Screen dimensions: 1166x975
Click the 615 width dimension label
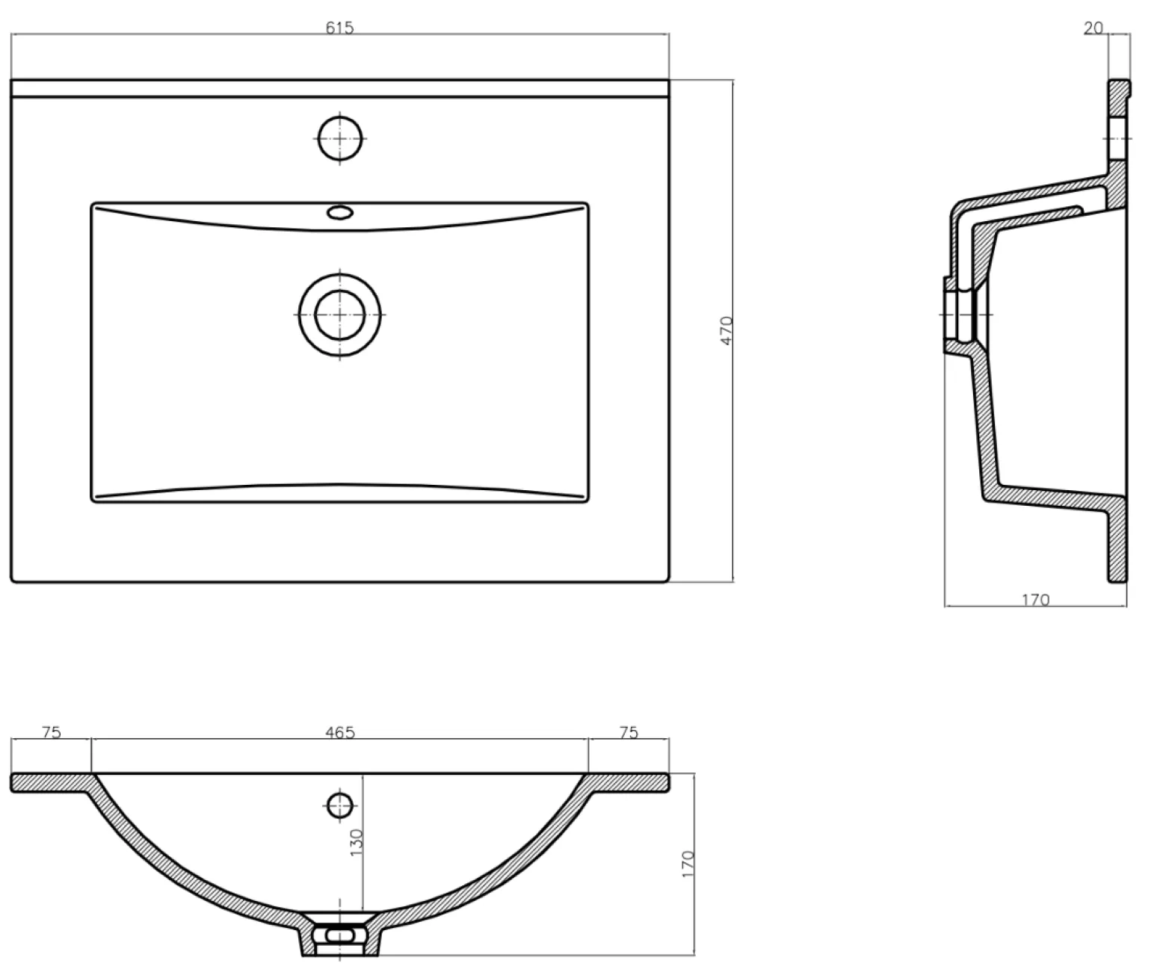click(x=339, y=28)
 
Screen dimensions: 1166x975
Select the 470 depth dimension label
click(x=726, y=330)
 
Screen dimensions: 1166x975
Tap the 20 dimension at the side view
click(x=1093, y=28)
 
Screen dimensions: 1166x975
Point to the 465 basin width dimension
click(x=340, y=732)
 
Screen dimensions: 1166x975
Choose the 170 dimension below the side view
click(x=1036, y=600)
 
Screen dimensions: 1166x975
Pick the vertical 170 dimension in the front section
click(x=688, y=864)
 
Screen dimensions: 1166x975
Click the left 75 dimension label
click(x=52, y=732)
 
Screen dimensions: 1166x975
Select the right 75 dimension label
click(x=629, y=732)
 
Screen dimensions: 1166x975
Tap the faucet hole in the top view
click(x=340, y=138)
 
